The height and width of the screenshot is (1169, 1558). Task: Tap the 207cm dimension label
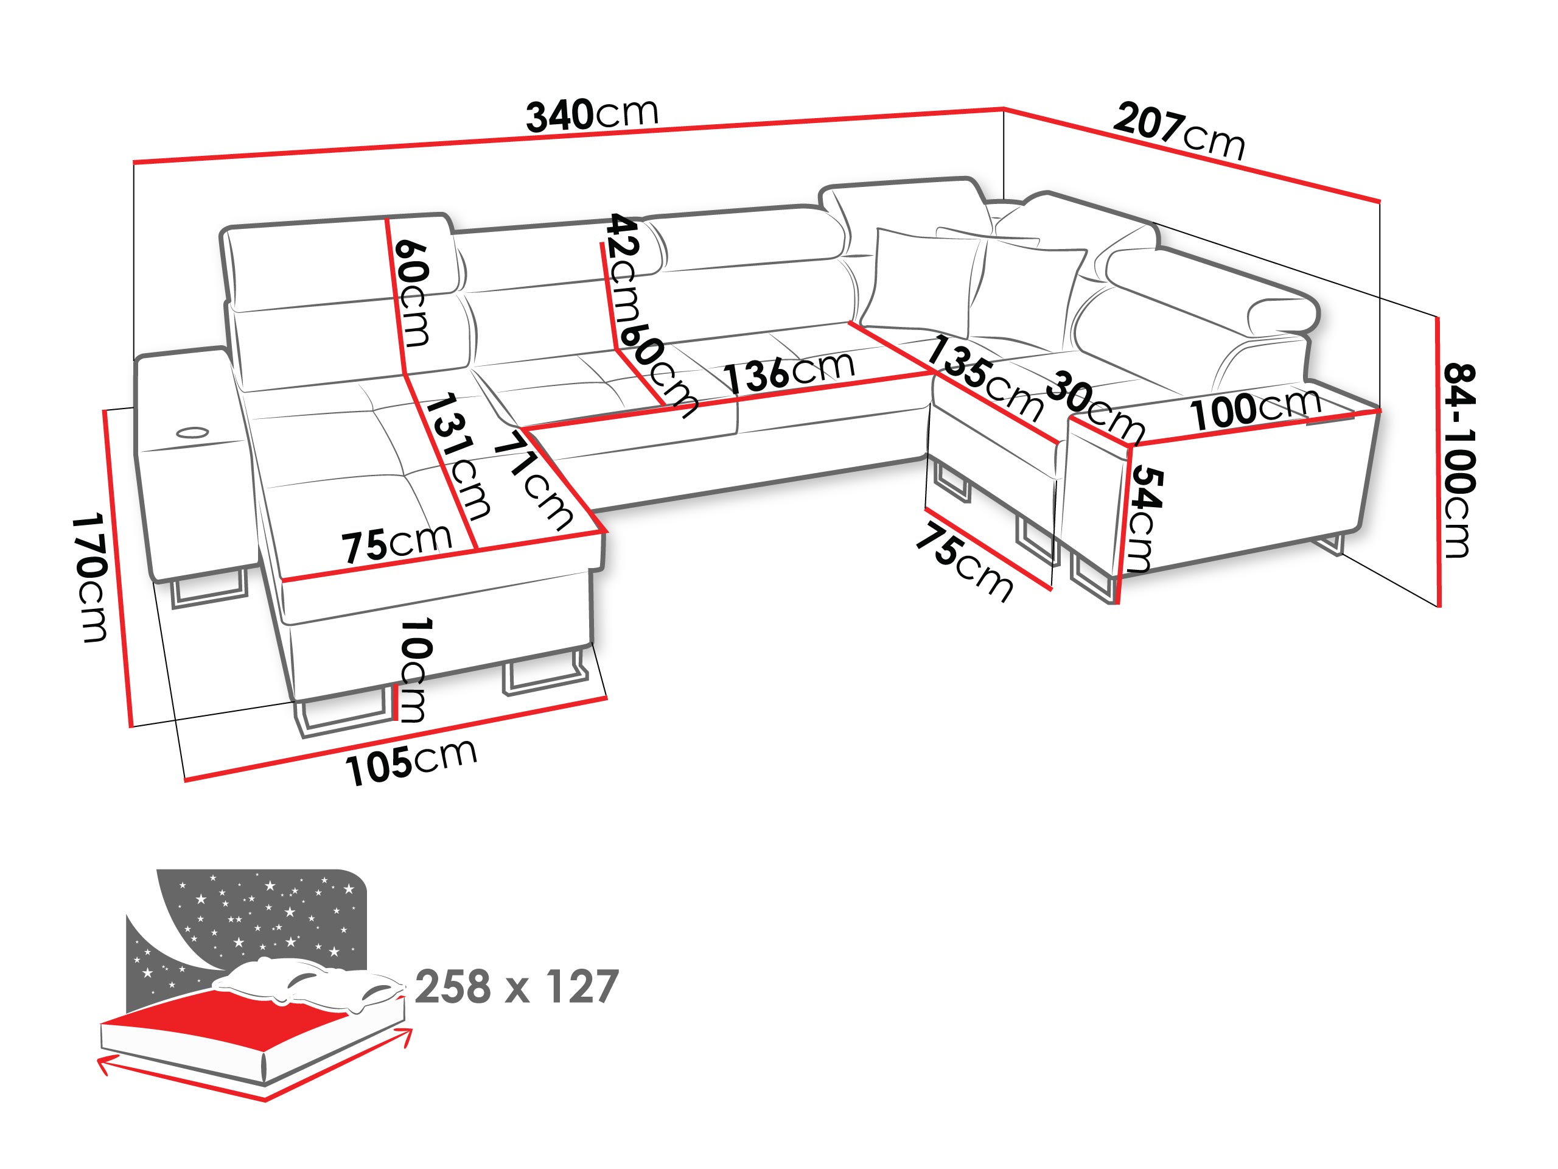(1179, 131)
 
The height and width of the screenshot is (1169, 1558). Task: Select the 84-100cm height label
(1459, 461)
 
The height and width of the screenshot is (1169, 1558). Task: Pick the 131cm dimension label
(458, 456)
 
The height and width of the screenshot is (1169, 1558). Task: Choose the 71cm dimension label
(534, 480)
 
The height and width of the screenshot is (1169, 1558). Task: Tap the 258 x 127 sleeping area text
(516, 986)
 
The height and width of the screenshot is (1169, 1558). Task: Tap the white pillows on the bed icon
(310, 983)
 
